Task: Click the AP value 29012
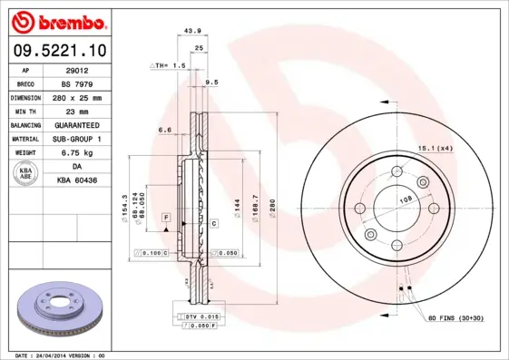click(77, 69)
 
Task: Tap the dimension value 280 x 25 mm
click(77, 97)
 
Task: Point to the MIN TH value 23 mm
click(77, 111)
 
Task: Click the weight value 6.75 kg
click(77, 153)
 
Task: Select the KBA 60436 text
click(77, 181)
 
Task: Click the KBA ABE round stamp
click(25, 174)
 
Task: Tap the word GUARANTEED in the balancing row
click(77, 125)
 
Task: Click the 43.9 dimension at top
click(192, 30)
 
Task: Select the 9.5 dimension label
click(211, 83)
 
